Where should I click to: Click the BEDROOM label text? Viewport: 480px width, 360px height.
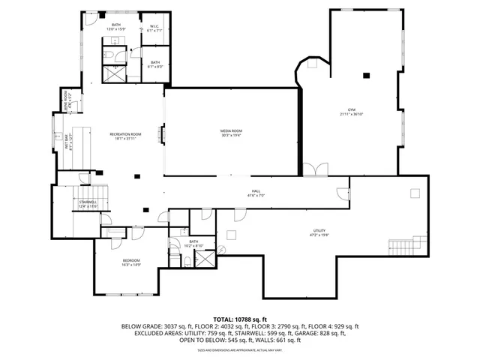[131, 259]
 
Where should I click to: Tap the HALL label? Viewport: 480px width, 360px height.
[256, 191]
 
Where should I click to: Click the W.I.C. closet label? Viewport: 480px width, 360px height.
[154, 26]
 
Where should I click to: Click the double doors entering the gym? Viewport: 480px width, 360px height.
[314, 169]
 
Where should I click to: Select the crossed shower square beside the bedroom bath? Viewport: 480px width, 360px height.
[203, 259]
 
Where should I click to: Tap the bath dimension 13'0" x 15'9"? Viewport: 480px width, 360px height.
[116, 29]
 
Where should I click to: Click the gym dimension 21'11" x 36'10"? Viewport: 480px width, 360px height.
[351, 114]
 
